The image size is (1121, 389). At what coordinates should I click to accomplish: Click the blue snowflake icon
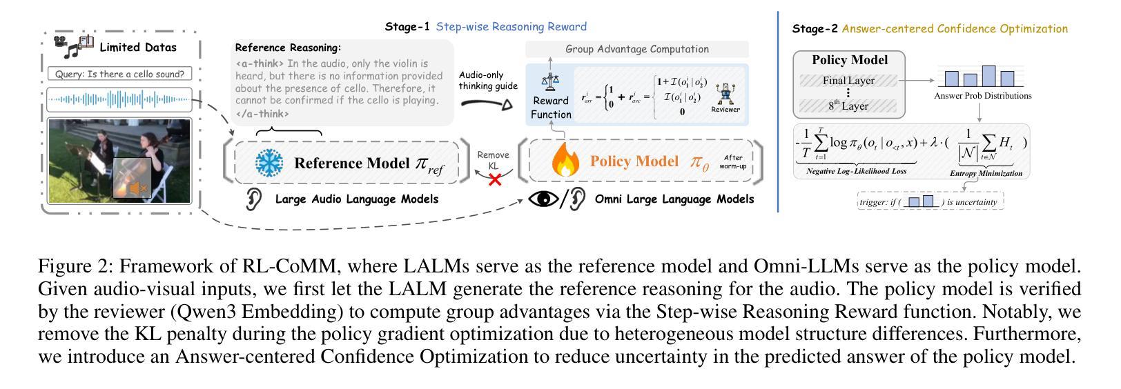point(269,163)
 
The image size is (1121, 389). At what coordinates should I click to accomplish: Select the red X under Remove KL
point(494,180)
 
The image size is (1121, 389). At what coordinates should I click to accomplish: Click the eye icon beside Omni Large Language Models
point(543,199)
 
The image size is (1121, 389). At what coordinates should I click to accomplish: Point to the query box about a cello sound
point(120,74)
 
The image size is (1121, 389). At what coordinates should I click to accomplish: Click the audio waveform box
point(120,101)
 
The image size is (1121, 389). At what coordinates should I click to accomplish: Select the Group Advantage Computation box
point(636,49)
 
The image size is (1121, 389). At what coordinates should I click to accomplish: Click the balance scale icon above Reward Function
point(550,82)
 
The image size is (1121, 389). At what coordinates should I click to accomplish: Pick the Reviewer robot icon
point(725,94)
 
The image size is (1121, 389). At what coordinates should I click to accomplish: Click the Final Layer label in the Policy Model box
point(848,81)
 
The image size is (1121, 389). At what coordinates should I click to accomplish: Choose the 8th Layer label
point(848,106)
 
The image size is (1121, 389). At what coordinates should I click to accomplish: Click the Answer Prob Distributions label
point(982,96)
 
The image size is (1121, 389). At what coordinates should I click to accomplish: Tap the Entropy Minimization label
point(986,174)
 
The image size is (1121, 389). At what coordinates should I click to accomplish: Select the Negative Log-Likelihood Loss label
point(856,171)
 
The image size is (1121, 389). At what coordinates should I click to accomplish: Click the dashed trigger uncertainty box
point(930,202)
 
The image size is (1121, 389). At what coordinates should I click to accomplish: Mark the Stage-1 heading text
point(407,27)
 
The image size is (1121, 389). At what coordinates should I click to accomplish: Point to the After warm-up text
point(732,162)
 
